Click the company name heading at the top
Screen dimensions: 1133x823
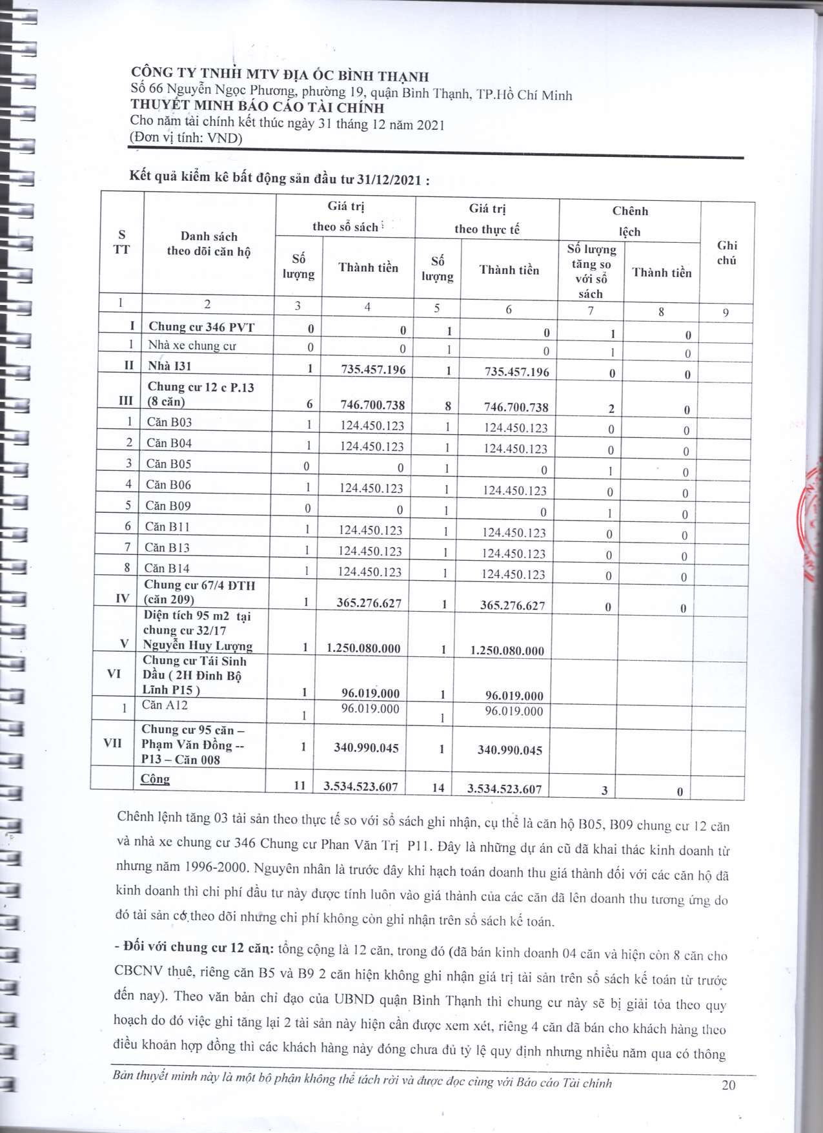point(279,76)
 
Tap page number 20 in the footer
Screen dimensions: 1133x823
point(728,1085)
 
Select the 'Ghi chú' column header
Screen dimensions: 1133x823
point(727,253)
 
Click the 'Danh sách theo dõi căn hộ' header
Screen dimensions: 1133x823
point(208,244)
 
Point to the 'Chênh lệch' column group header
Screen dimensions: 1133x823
point(629,221)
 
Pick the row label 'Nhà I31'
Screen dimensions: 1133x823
point(169,366)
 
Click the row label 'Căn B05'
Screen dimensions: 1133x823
point(168,464)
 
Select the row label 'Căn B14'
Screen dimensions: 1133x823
point(167,568)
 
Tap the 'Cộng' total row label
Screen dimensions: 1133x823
point(155,778)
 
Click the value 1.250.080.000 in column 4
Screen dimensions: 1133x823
point(363,648)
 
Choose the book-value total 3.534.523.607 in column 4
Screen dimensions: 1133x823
point(360,787)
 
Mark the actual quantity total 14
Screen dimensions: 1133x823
point(438,787)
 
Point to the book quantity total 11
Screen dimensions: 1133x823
point(300,785)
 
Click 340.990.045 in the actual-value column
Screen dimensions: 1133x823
point(509,750)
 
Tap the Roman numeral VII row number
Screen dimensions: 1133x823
point(112,743)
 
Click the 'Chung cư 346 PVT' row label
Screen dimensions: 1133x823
point(201,327)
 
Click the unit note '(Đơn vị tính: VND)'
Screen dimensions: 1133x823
point(186,138)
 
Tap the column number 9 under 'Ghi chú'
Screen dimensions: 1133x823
point(726,313)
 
